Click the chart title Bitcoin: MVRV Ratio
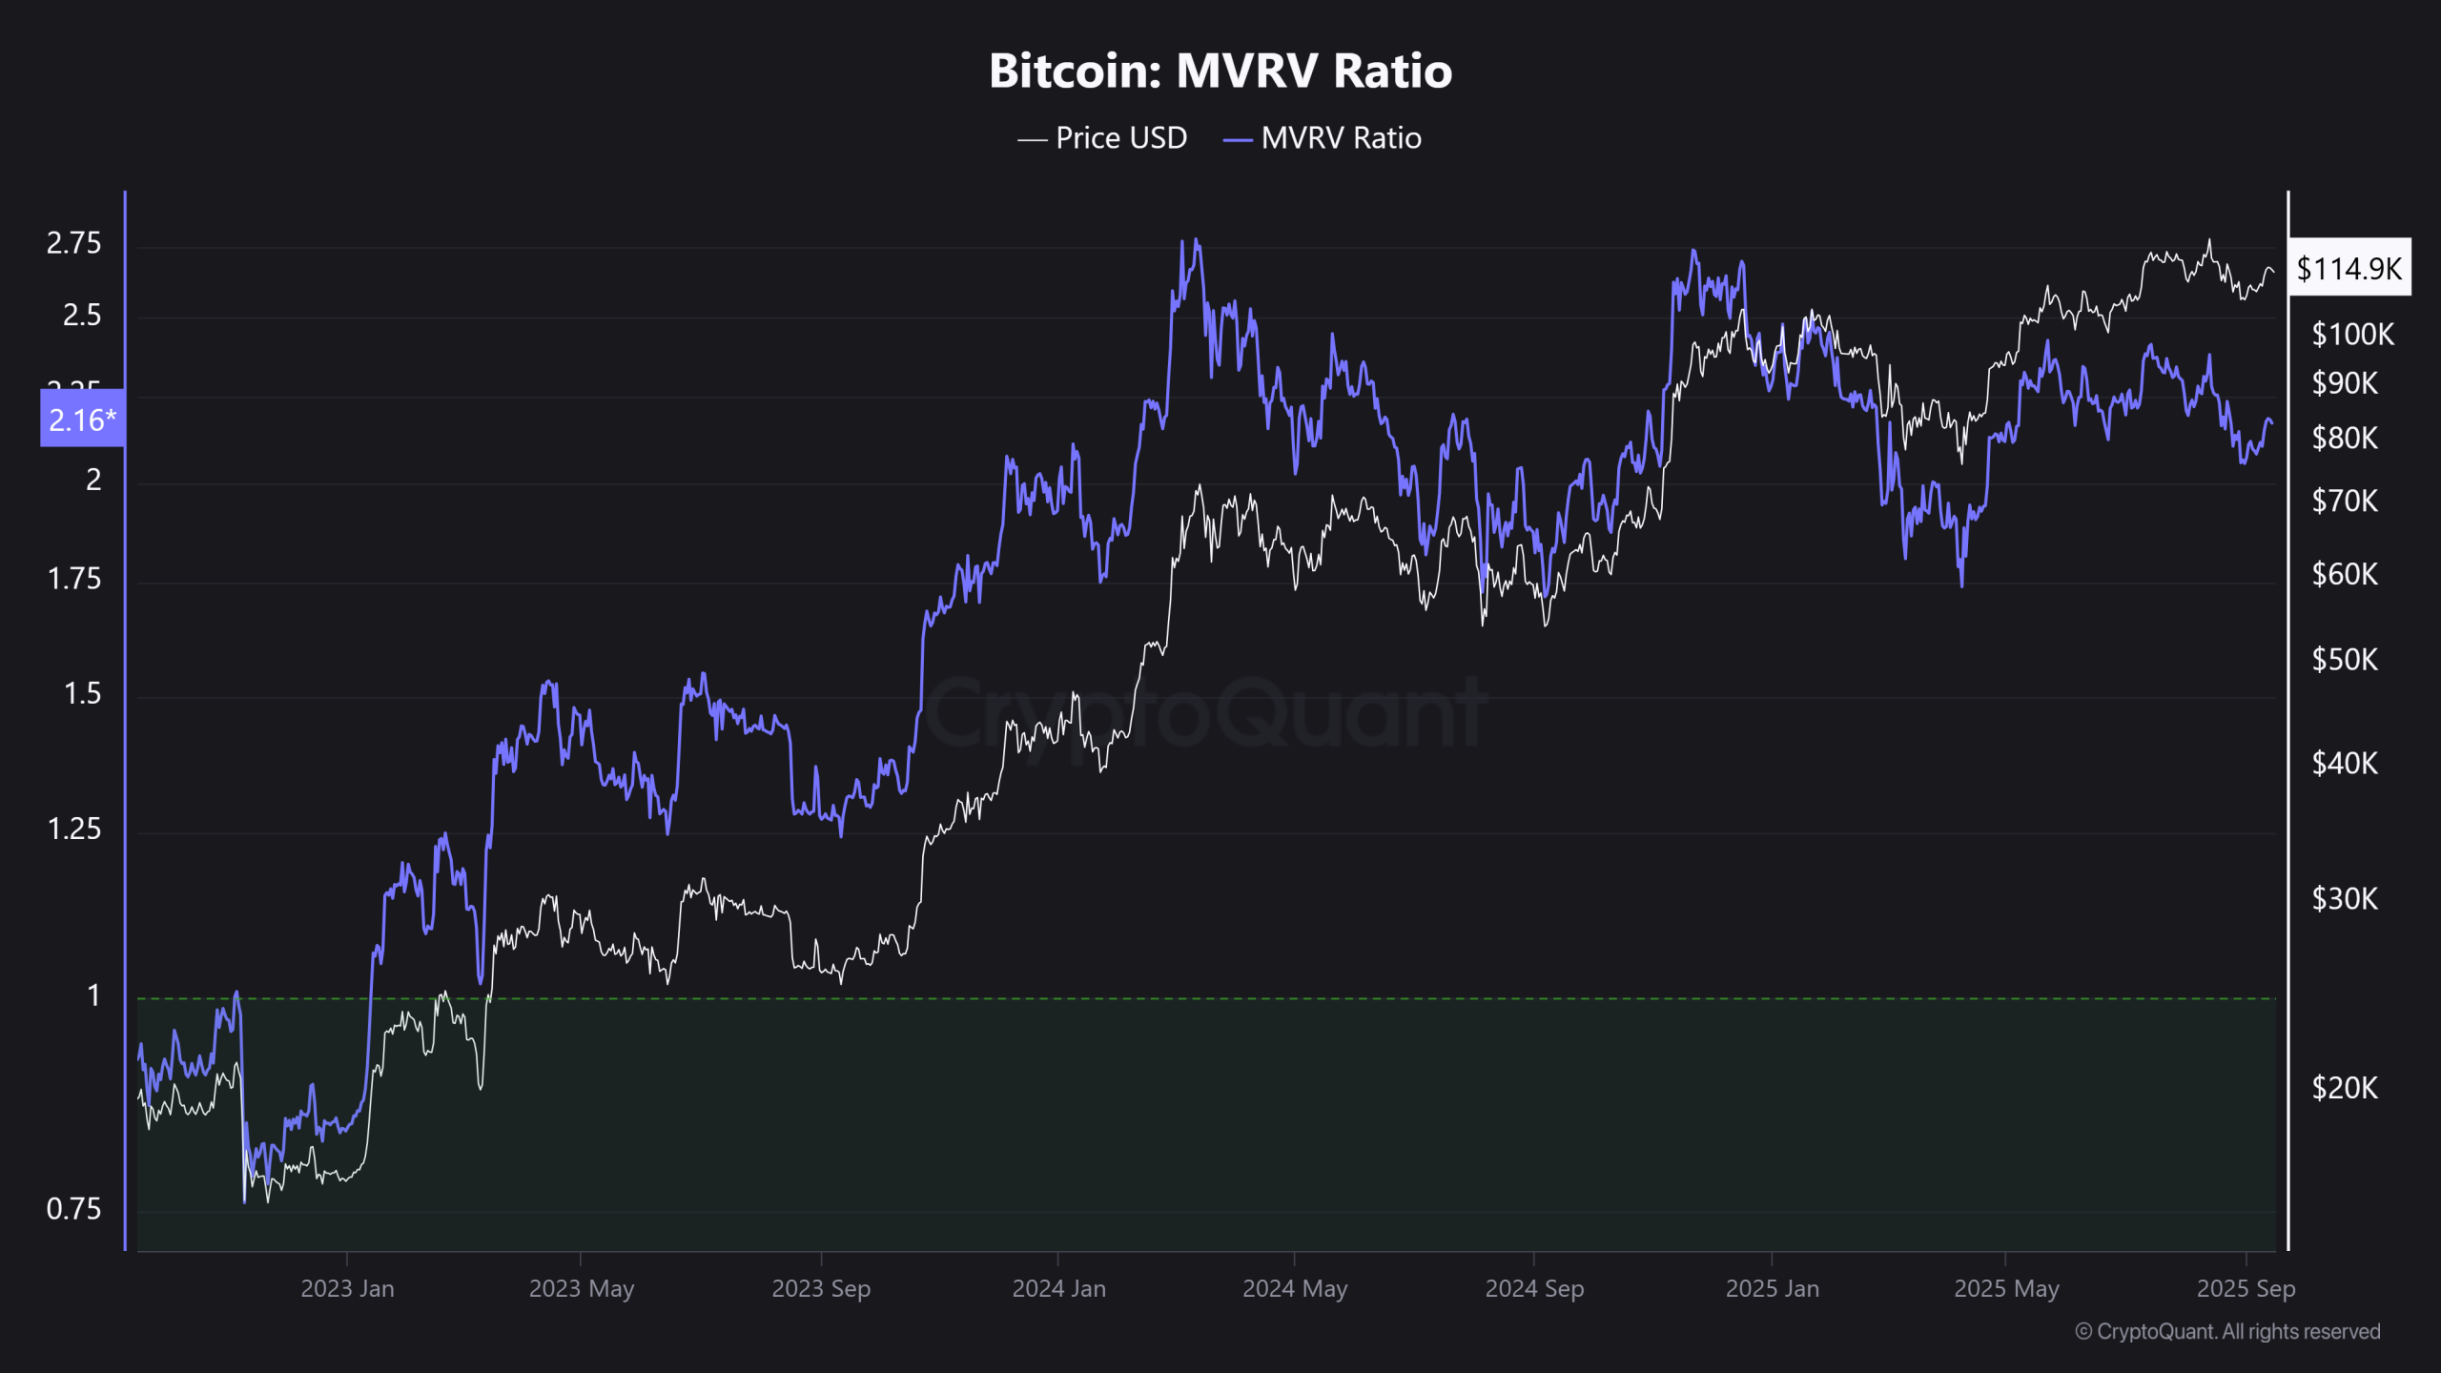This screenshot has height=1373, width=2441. point(1220,71)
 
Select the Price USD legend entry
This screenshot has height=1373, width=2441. point(1103,138)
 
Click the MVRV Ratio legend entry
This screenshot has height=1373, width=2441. point(1323,138)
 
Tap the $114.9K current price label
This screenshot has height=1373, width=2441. point(2349,268)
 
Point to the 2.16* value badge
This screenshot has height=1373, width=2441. point(82,420)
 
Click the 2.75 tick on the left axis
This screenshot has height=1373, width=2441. point(73,243)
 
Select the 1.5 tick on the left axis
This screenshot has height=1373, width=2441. point(82,693)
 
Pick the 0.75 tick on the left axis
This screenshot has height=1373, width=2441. point(73,1209)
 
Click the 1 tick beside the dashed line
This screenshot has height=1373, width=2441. point(93,995)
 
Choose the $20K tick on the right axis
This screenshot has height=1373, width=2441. point(2345,1088)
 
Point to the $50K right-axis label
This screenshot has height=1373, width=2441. point(2345,660)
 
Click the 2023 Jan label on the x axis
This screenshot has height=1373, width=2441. point(347,1288)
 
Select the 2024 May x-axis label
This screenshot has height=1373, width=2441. point(1294,1288)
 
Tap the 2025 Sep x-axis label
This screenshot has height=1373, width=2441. point(2246,1288)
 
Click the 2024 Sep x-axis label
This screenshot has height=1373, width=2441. point(1533,1288)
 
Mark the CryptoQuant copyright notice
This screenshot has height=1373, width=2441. point(2227,1331)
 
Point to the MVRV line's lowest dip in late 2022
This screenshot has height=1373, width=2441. point(244,1201)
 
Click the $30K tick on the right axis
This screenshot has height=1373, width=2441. point(2345,898)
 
